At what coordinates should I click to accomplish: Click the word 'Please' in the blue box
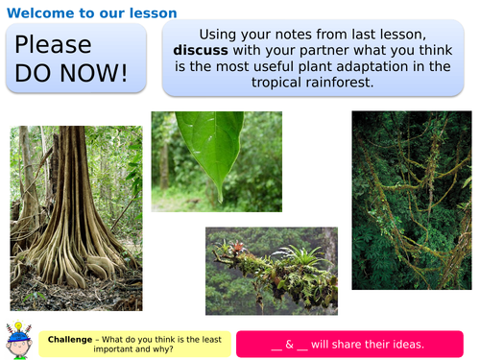pos(54,45)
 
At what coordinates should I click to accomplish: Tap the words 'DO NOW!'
pos(72,73)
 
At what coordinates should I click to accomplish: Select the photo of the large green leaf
pos(216,160)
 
